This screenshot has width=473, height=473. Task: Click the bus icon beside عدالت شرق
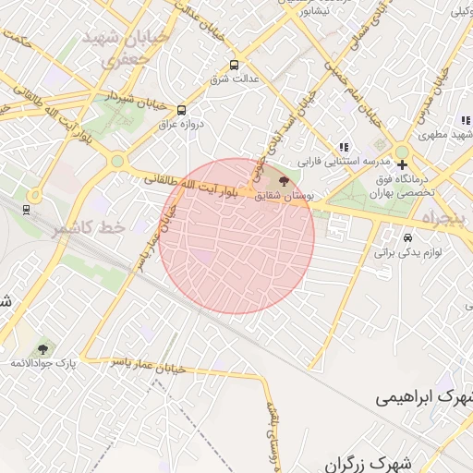[x=234, y=66]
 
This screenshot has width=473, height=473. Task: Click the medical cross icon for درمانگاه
[x=402, y=164]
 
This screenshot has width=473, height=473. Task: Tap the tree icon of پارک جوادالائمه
[x=42, y=349]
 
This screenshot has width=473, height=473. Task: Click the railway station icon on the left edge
[x=25, y=209]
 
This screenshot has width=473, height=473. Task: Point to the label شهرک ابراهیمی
[x=425, y=397]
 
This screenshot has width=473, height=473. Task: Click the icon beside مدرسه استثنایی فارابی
[x=344, y=146]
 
